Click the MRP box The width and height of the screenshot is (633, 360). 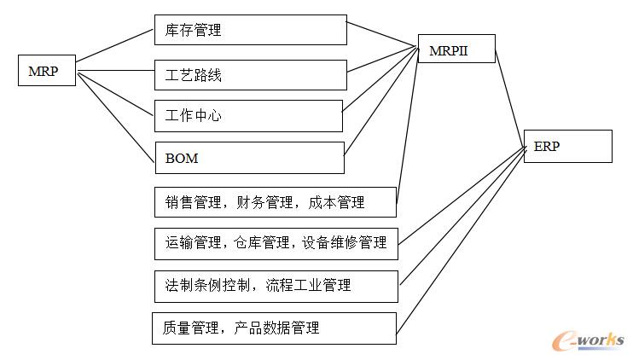47,71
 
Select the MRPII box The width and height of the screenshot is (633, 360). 455,51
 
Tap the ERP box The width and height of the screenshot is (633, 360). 567,145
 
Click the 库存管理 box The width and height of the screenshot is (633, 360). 250,30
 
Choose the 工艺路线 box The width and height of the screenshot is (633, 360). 250,74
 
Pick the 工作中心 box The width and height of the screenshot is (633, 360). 247,115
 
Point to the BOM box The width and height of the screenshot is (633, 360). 249,158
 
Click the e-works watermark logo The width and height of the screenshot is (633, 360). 589,340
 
